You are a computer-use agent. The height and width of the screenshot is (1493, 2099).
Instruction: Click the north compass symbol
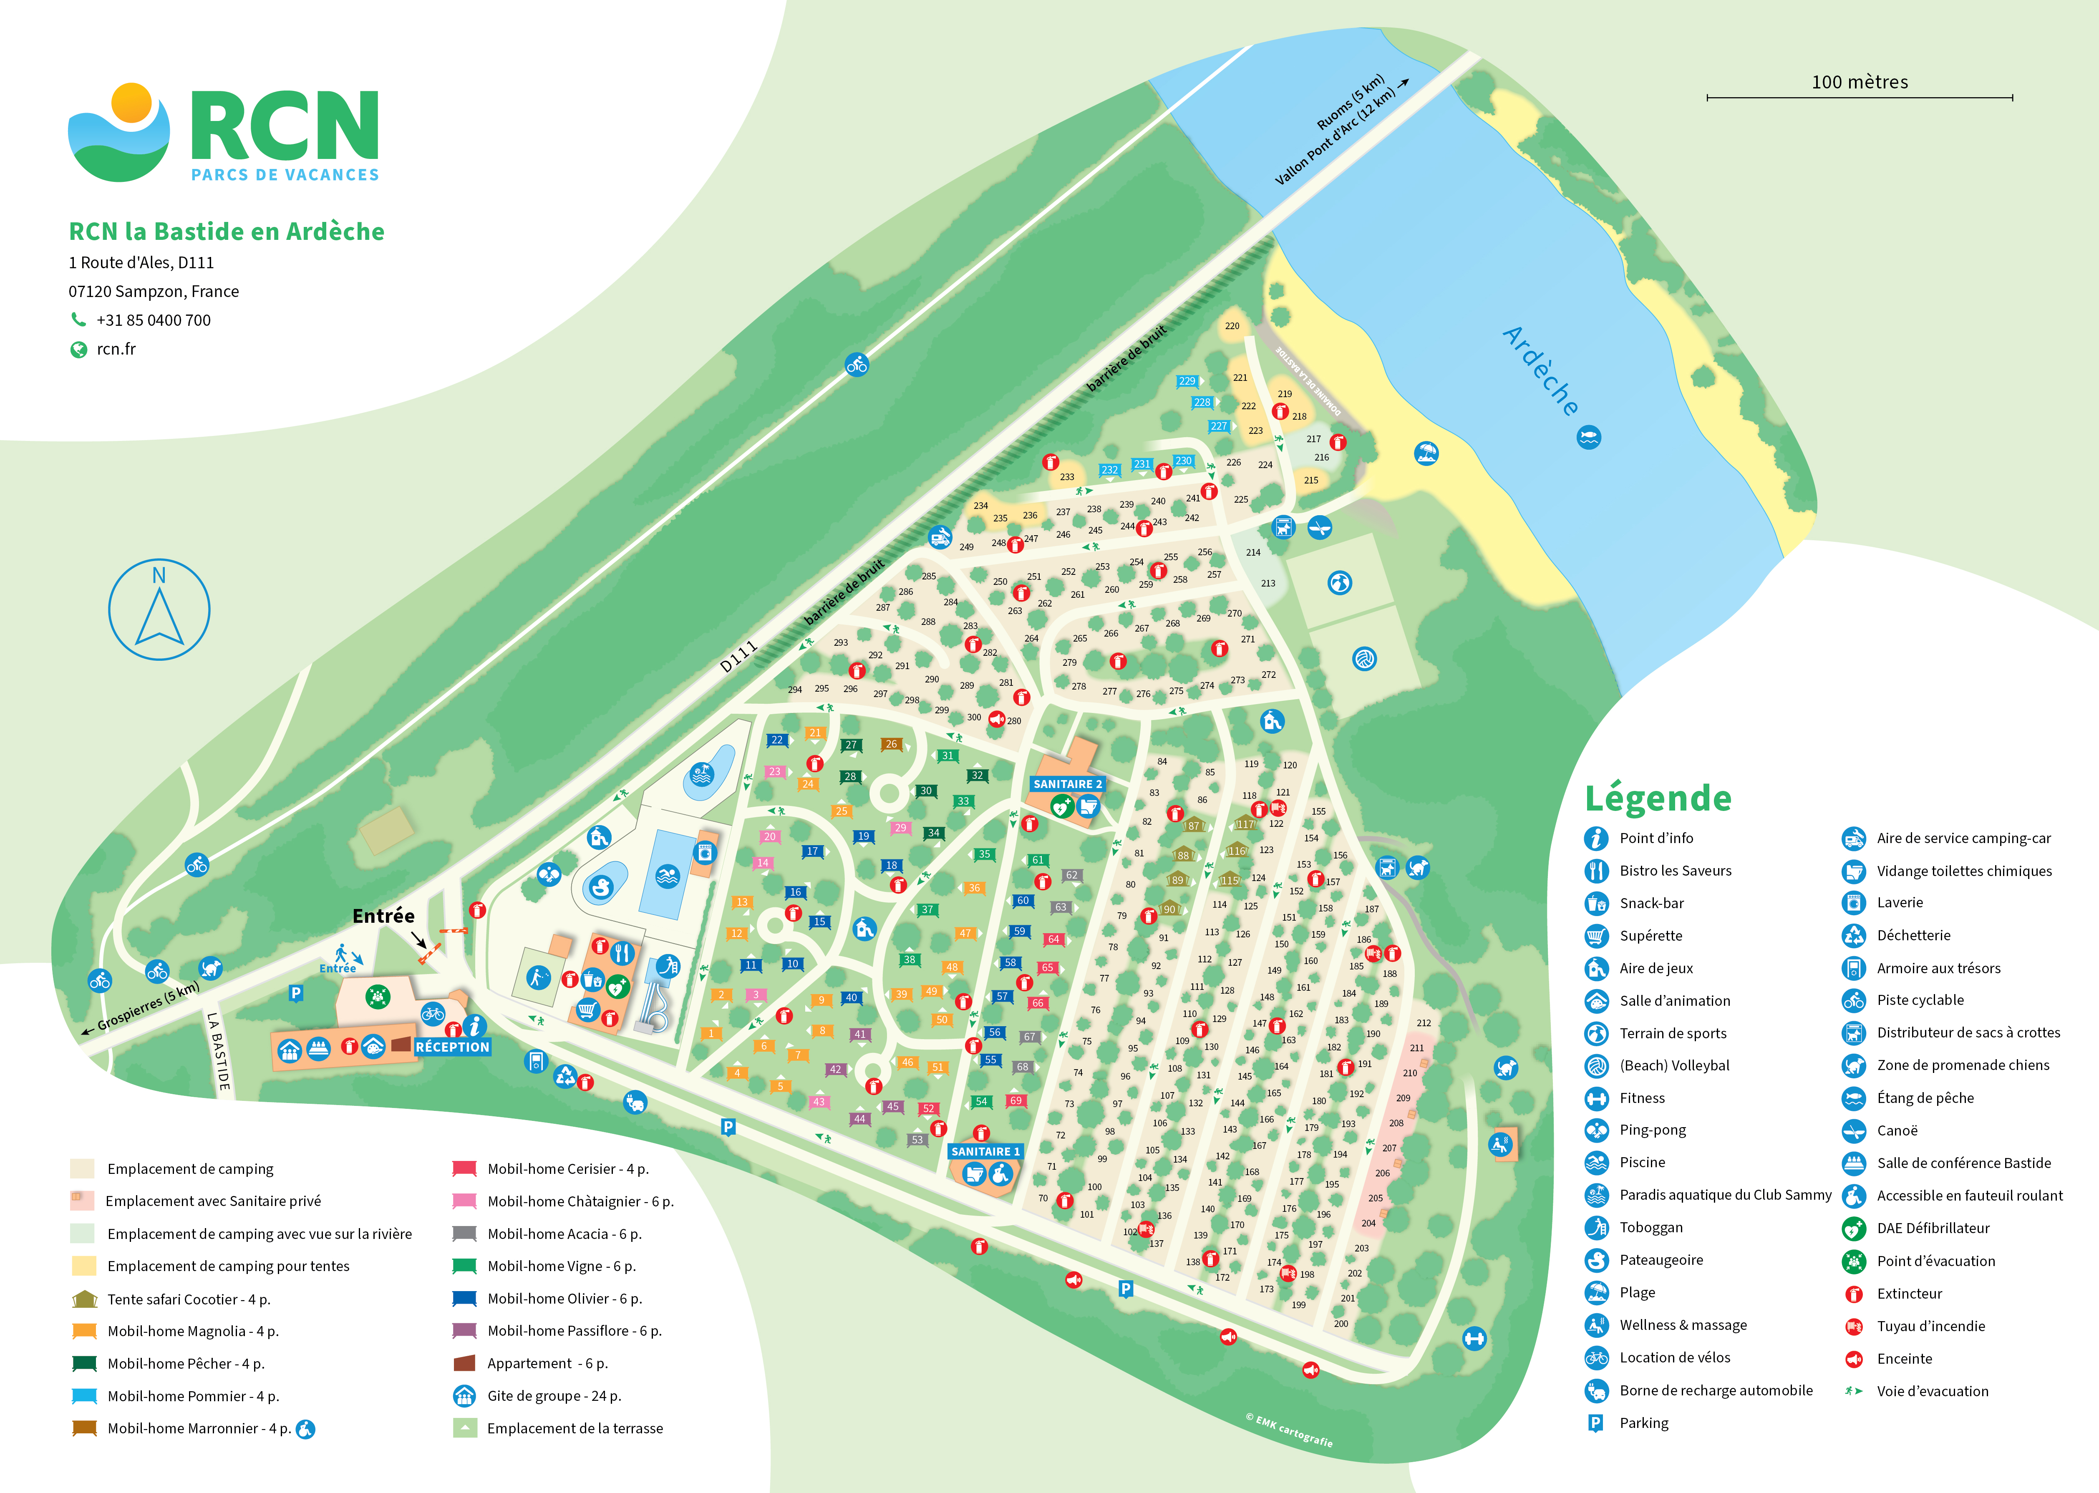[159, 609]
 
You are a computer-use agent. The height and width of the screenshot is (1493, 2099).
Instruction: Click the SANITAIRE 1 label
[985, 1151]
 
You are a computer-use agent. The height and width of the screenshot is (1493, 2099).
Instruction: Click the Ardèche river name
[1541, 370]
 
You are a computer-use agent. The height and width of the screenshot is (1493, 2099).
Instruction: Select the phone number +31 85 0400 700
[154, 320]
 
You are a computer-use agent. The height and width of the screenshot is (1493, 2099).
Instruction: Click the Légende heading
[1658, 798]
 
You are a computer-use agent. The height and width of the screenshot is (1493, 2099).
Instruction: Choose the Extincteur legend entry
[1909, 1294]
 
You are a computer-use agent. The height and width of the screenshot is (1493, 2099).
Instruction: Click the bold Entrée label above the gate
[383, 916]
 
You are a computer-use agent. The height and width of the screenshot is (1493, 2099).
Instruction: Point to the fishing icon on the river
[1589, 438]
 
